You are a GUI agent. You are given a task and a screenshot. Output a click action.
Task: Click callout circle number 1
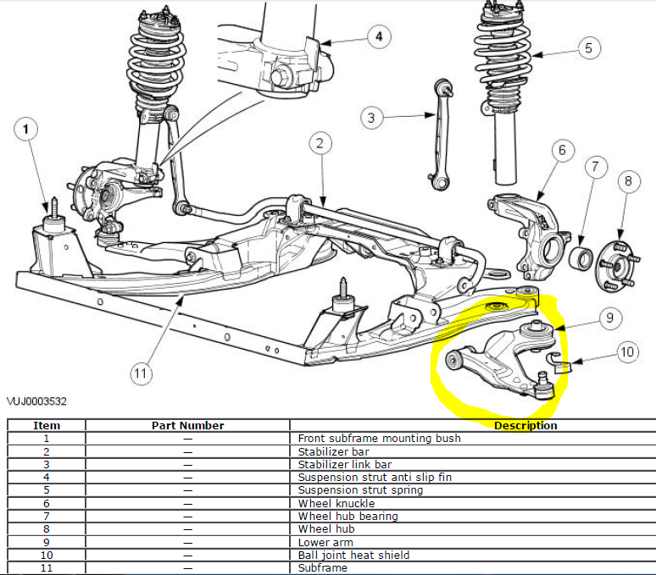click(27, 130)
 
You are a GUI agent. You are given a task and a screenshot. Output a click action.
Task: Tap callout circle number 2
click(319, 144)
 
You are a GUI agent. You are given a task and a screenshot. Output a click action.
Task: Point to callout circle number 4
click(379, 36)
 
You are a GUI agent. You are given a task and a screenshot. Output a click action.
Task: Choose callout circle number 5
click(588, 48)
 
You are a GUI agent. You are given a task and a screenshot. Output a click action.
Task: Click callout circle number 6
click(561, 151)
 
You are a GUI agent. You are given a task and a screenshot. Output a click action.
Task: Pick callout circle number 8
click(628, 180)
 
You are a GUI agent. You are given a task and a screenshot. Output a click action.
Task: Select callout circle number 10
click(626, 352)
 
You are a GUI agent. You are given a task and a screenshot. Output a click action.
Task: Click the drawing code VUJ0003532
click(37, 401)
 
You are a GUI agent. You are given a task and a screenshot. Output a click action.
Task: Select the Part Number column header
click(187, 425)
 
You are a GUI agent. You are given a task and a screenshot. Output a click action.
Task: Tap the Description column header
click(525, 425)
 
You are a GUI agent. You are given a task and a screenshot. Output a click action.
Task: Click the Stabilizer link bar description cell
click(344, 465)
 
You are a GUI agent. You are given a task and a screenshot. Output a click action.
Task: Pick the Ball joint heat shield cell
click(353, 555)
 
